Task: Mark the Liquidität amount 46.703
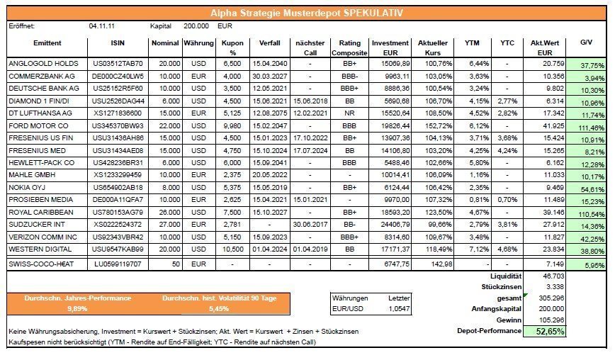(553, 274)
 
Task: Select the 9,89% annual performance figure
(79, 309)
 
